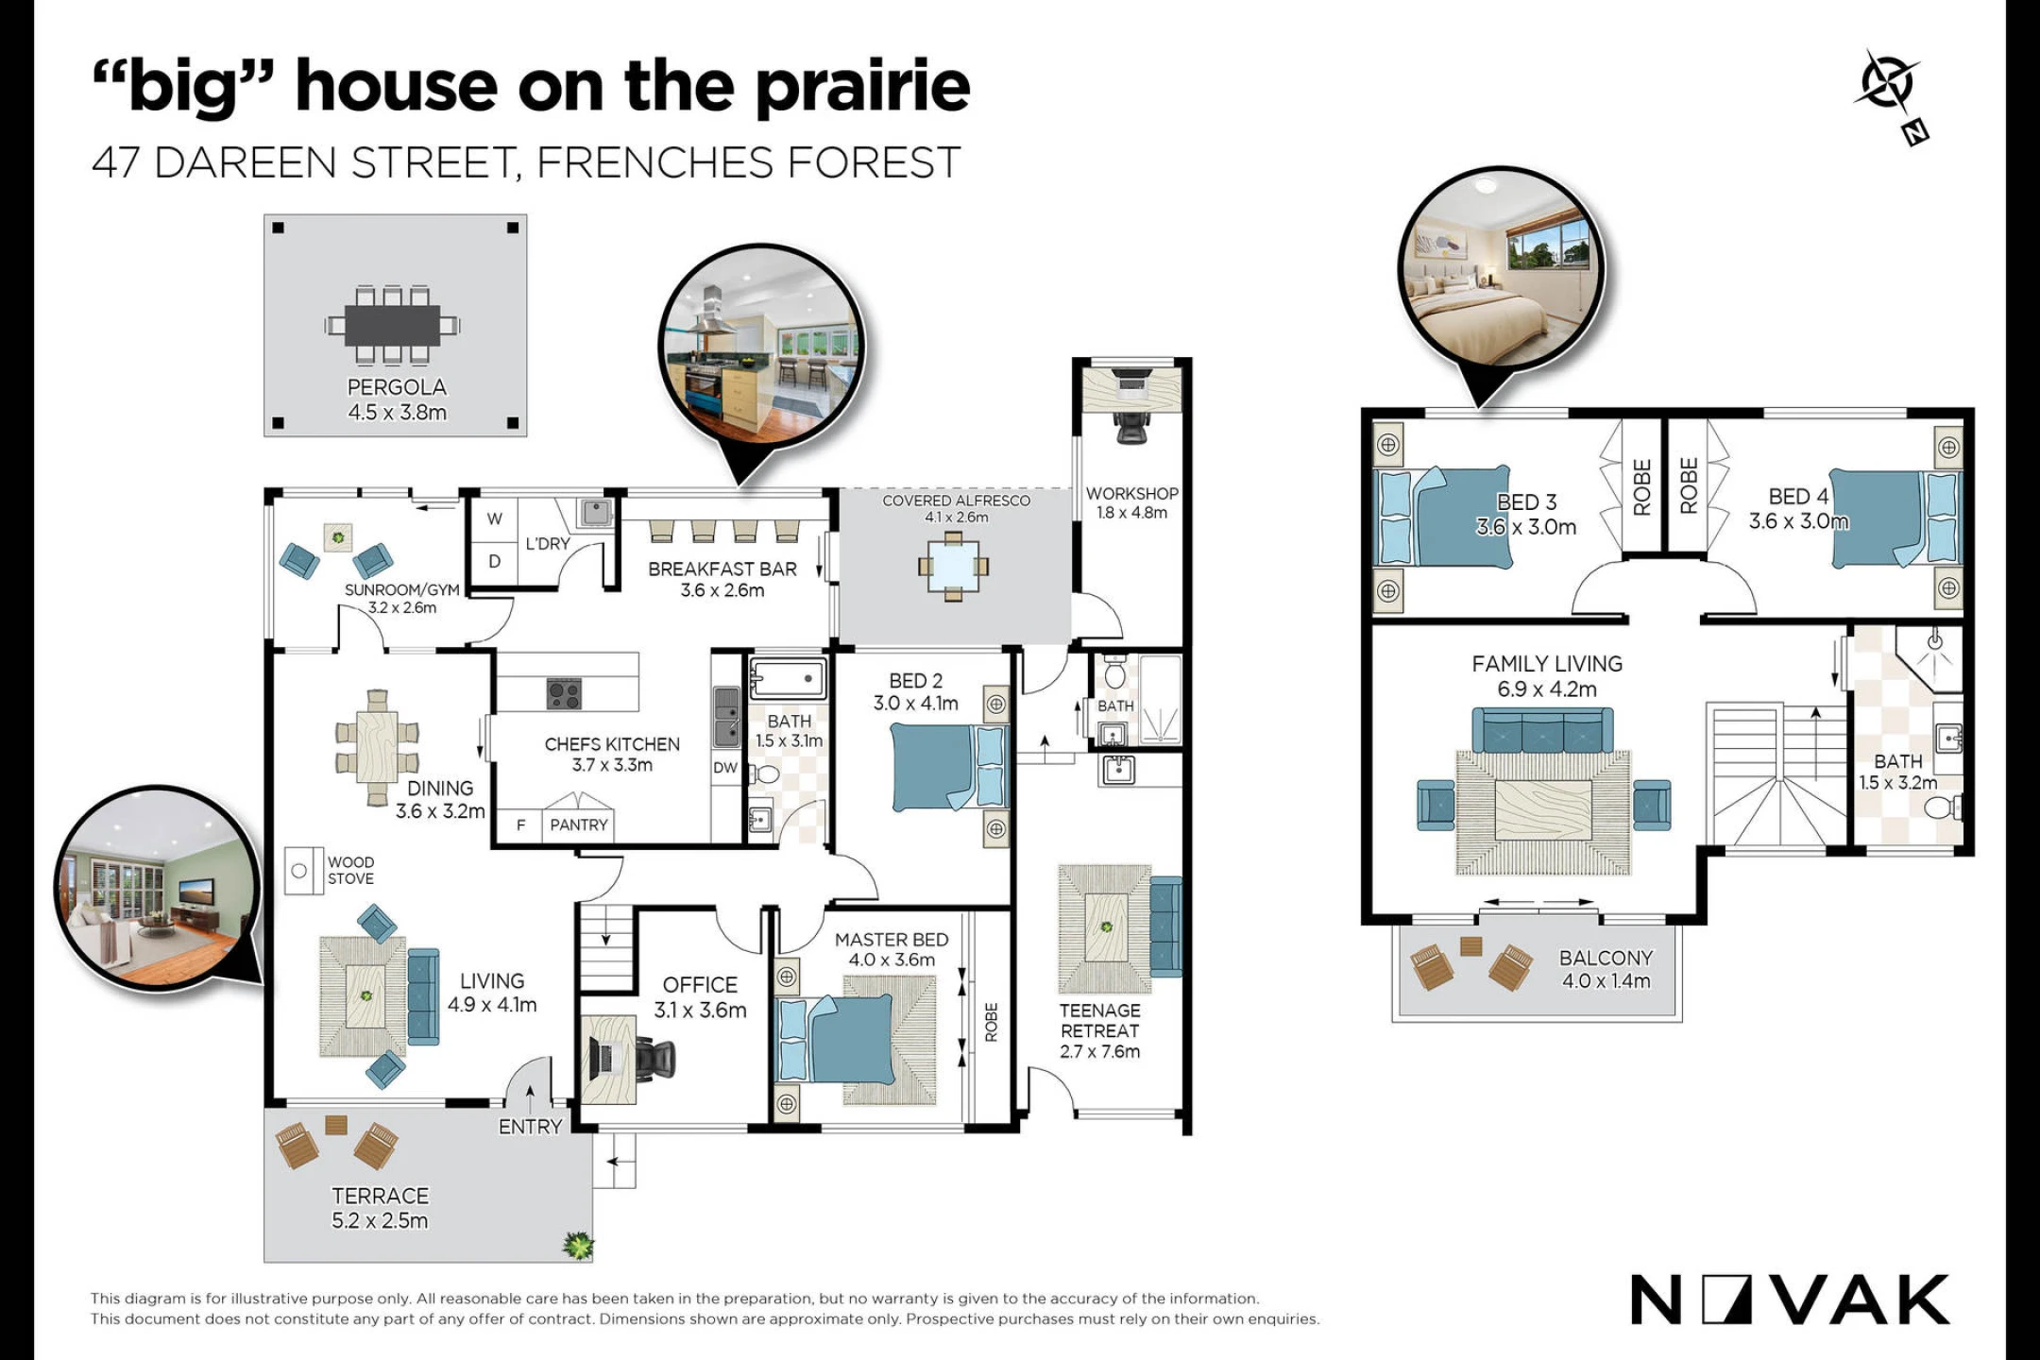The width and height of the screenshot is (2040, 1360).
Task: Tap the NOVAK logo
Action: [x=1790, y=1300]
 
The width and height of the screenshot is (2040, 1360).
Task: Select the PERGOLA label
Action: [x=397, y=387]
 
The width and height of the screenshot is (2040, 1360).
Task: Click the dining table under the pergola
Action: [x=392, y=325]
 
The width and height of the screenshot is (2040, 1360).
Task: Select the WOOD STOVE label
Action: [x=350, y=870]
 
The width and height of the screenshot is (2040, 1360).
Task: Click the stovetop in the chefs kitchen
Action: [x=564, y=694]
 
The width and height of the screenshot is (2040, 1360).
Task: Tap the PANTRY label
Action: [x=579, y=824]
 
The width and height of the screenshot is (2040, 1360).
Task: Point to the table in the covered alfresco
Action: [x=953, y=567]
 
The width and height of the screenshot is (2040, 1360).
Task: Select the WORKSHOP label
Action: [x=1131, y=493]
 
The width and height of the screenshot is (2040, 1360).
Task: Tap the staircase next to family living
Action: [x=1776, y=774]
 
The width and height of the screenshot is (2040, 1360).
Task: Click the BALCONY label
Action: [x=1606, y=958]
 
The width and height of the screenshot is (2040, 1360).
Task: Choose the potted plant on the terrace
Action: [x=578, y=1246]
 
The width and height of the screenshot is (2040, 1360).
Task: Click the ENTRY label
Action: [x=530, y=1127]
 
